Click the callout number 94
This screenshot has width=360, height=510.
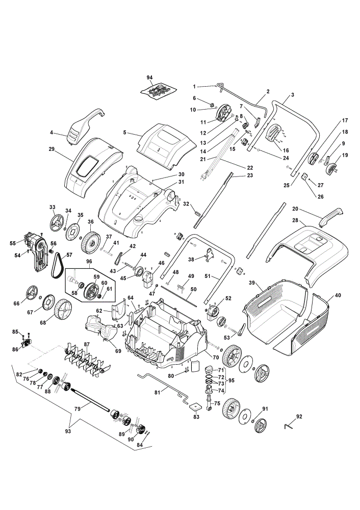click(x=149, y=78)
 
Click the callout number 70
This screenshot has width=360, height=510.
click(x=216, y=358)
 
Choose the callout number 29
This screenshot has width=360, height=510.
click(x=52, y=149)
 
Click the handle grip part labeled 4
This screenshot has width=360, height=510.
click(x=86, y=125)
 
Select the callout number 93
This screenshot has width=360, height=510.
click(x=68, y=431)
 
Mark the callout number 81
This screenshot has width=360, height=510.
click(x=158, y=393)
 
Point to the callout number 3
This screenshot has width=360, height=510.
click(x=293, y=95)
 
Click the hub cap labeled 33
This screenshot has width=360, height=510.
click(x=57, y=222)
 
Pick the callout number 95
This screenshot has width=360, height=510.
click(x=231, y=380)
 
